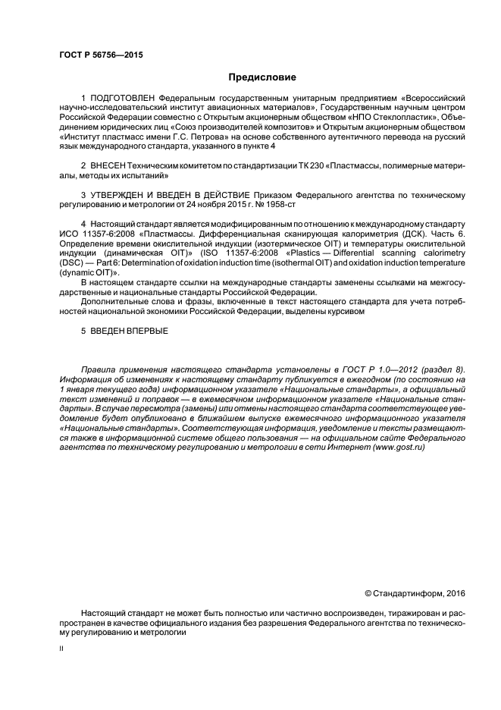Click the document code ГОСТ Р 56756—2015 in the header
point(100,55)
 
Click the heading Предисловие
point(261,77)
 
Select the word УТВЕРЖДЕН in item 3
point(123,196)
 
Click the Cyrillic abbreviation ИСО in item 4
point(70,236)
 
